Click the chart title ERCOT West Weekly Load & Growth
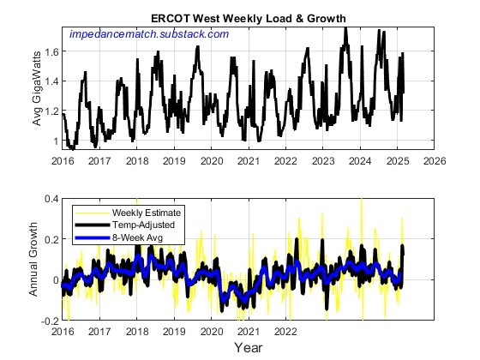point(249,18)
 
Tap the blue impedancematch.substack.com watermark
point(148,33)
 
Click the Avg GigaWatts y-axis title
point(37,88)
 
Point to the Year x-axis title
point(249,348)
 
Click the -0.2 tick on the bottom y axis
point(48,321)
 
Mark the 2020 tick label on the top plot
point(212,161)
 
